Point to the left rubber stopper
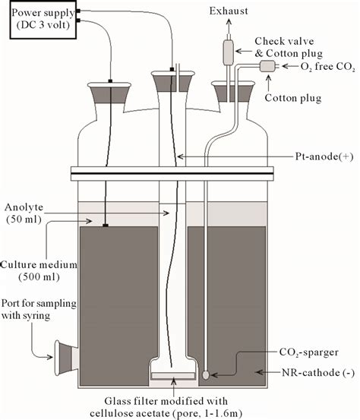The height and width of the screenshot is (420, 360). (110, 94)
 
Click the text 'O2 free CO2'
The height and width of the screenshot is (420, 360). (318, 67)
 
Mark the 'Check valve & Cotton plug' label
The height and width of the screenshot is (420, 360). (293, 46)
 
